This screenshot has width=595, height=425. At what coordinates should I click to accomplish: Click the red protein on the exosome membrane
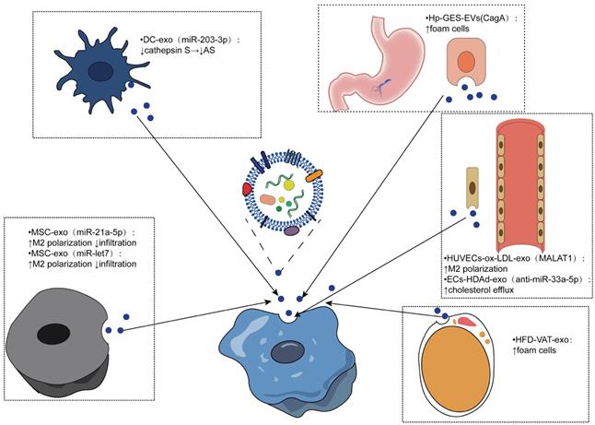click(x=247, y=191)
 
